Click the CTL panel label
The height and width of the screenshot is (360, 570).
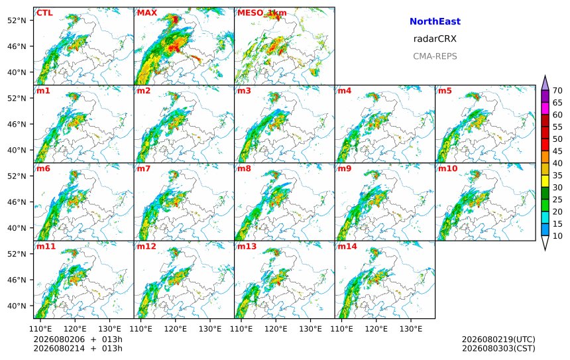[44, 13]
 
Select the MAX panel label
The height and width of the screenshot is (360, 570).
[147, 13]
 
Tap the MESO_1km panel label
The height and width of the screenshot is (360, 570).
[262, 13]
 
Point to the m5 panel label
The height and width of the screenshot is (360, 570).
[445, 91]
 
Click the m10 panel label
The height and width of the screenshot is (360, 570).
[447, 168]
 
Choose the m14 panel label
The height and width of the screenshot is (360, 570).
[347, 247]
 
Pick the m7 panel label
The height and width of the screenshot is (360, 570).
[144, 168]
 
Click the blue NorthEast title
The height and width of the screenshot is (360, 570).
[435, 21]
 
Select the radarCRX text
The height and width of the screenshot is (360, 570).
[435, 39]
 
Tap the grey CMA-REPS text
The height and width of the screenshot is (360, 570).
[435, 56]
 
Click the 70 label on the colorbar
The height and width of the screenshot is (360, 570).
[557, 91]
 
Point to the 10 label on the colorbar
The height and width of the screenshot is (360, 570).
[557, 236]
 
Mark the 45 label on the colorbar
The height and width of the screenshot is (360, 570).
[557, 151]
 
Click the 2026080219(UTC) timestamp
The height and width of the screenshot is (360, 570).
[498, 339]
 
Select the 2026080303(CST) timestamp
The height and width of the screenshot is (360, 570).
[498, 348]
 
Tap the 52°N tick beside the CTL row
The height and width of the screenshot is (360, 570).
[17, 21]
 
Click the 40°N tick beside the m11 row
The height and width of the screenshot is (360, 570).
[17, 306]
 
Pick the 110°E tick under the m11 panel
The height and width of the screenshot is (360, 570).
[40, 329]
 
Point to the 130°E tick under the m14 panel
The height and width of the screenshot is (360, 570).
[411, 329]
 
